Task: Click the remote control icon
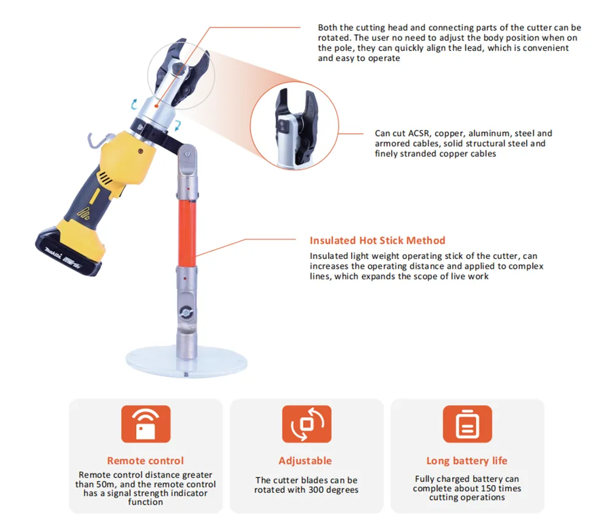click(x=146, y=424)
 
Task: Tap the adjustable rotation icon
click(x=307, y=424)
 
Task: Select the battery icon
click(x=467, y=424)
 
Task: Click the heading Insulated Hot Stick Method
click(x=377, y=240)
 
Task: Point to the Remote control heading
click(x=145, y=461)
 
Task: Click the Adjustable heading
click(x=305, y=461)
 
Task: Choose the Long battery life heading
click(x=467, y=461)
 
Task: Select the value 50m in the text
click(x=105, y=484)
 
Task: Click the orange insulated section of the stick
click(x=187, y=233)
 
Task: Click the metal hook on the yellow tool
click(x=97, y=140)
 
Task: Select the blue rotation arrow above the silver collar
click(x=134, y=104)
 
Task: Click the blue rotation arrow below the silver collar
click(x=177, y=125)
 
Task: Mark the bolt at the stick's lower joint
click(x=186, y=312)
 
